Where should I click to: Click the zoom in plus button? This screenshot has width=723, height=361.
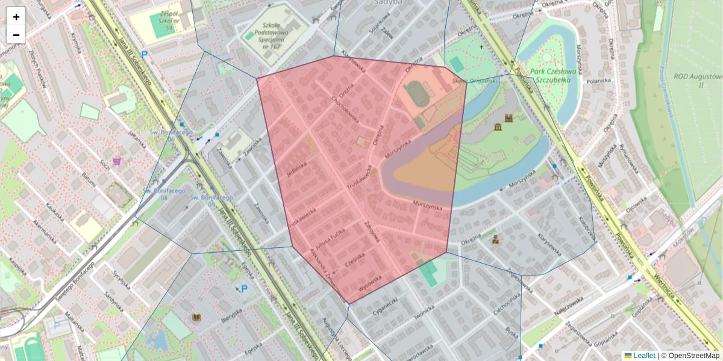point(16,17)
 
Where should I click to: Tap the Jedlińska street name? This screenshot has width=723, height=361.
point(298,171)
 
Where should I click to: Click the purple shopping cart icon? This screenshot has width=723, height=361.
point(116,161)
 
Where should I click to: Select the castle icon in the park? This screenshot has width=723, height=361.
point(509,119)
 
